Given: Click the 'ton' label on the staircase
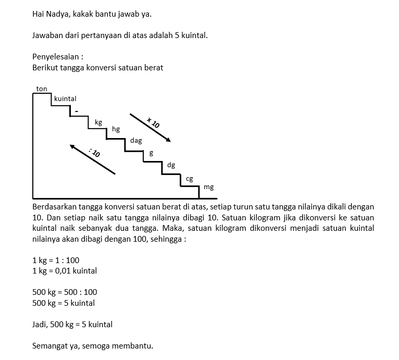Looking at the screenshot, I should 42,89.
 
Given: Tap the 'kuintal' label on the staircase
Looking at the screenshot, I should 65,98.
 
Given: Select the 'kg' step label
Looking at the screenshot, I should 98,122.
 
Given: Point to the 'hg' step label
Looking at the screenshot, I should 116,129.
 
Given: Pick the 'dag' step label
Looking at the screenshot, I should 136,141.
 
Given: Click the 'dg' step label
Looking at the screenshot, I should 171,165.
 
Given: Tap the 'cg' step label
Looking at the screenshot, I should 189,178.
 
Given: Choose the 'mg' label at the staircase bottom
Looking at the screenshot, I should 208,187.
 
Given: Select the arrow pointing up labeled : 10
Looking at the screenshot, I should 92,159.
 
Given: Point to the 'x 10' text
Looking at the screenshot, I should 153,123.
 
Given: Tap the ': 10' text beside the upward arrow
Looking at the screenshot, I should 94,153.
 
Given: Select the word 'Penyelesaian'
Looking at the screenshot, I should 56,57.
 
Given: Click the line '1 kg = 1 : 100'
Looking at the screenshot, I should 56,260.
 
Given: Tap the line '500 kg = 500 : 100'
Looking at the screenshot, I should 65,292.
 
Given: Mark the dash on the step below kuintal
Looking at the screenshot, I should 77,111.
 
